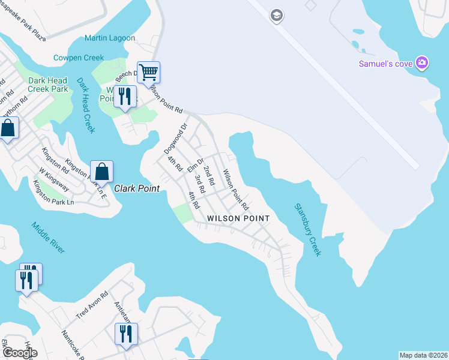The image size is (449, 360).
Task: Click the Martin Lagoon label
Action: [110, 38]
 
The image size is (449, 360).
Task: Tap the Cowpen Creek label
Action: [78, 58]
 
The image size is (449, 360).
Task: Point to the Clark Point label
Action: [137, 188]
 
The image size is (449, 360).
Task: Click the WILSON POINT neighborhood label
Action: [238, 218]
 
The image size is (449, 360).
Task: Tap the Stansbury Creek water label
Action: [307, 230]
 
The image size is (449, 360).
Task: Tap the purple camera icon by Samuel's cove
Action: [423, 62]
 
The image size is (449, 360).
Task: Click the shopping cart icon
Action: [148, 73]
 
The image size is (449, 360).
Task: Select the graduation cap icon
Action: [276, 15]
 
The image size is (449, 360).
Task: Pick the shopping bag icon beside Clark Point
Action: [102, 172]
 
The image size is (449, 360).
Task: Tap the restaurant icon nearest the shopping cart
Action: [125, 97]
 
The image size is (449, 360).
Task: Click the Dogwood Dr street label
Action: [176, 138]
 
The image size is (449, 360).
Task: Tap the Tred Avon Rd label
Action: [92, 305]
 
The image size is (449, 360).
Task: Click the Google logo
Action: [20, 353]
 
